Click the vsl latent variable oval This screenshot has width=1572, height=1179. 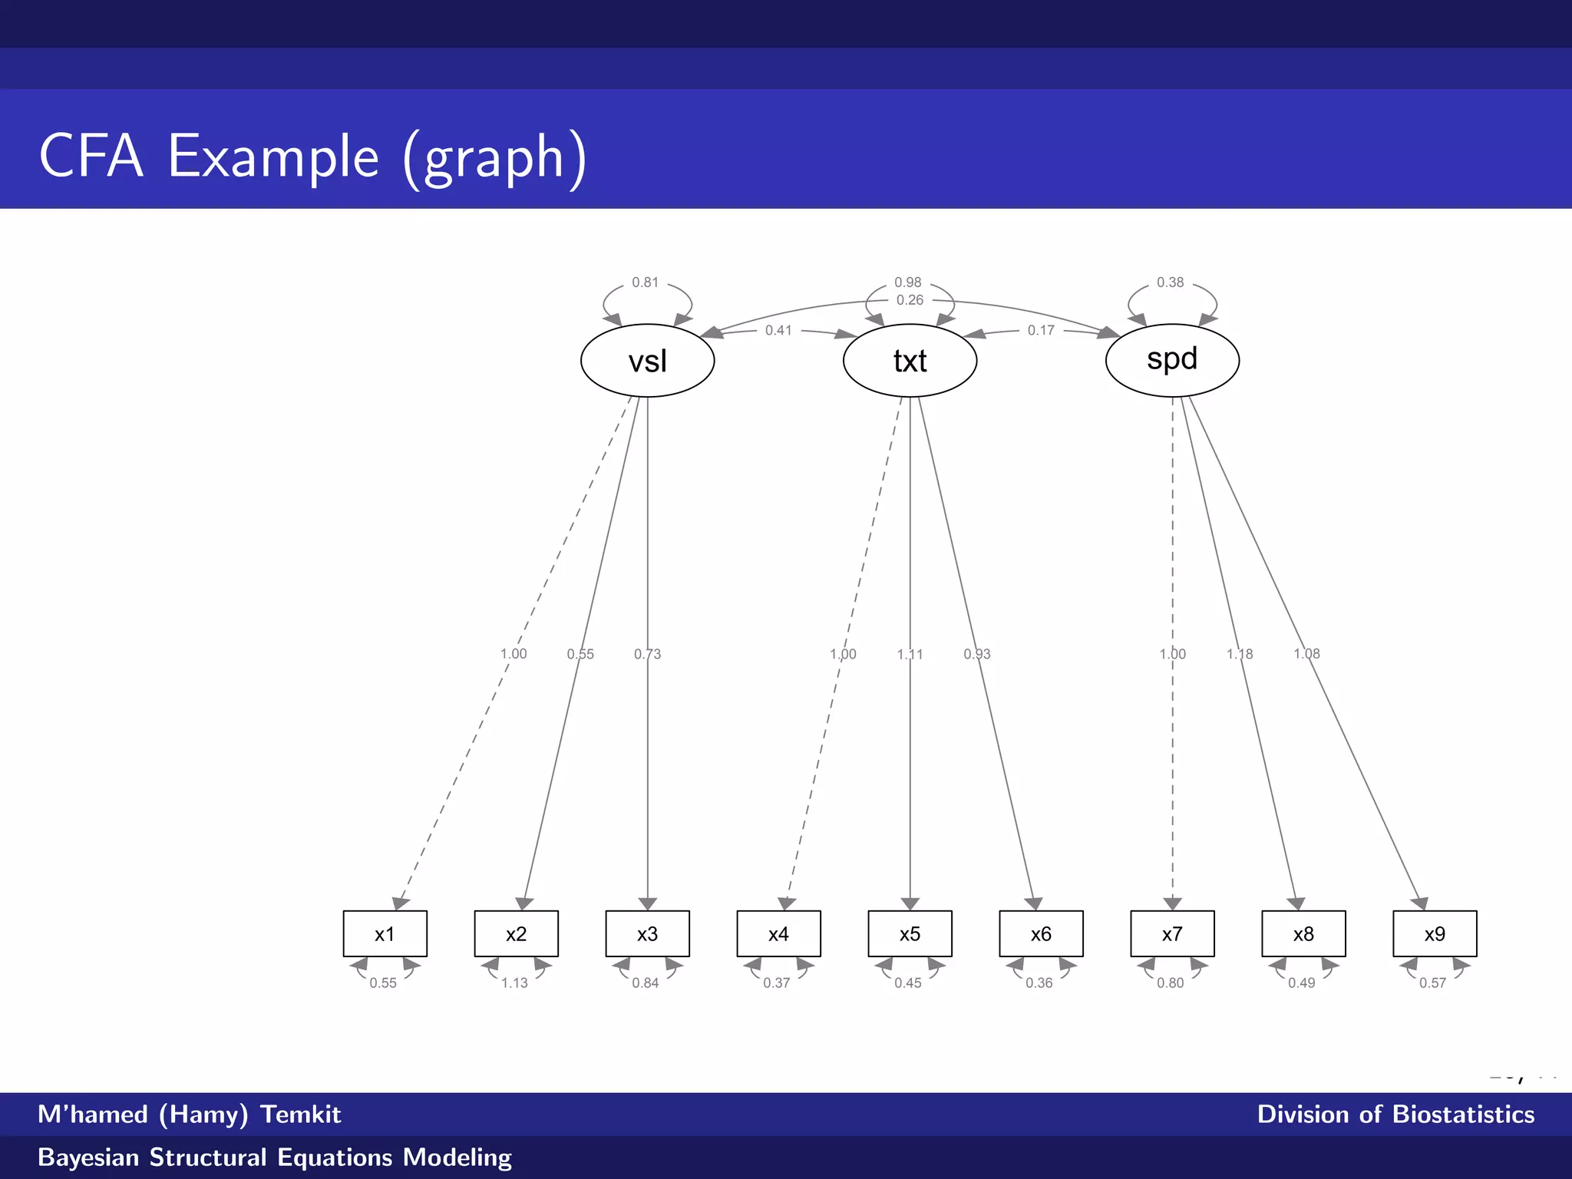[647, 361]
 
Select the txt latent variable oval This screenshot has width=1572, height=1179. [910, 361]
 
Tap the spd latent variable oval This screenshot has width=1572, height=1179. [1172, 359]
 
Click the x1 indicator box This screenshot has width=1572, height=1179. [385, 933]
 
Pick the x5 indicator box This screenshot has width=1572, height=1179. [910, 933]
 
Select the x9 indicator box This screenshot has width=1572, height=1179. [1435, 933]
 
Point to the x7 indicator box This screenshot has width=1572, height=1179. [1172, 933]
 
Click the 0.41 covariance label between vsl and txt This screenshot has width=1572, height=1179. [778, 330]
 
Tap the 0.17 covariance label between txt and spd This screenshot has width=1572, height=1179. [1041, 330]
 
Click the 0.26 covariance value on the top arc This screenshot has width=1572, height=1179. [910, 300]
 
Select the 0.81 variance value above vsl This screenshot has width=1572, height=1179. [646, 282]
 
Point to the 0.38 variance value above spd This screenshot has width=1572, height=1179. [1171, 282]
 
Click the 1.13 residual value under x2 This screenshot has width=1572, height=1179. [514, 982]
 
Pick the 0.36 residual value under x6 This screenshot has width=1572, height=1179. [1039, 982]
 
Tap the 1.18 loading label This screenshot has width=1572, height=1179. [1240, 654]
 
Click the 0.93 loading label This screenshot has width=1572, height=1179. [977, 654]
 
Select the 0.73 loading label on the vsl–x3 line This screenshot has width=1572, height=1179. [647, 654]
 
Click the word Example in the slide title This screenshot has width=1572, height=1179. [273, 157]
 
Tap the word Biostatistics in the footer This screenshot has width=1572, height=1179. [1463, 1114]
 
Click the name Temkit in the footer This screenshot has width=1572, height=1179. [300, 1114]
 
